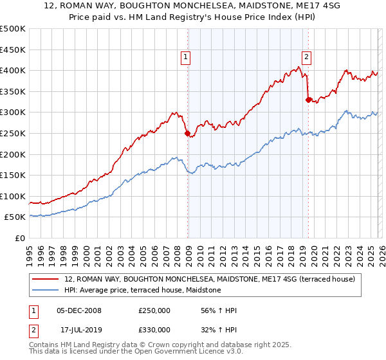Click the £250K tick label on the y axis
(x=13, y=133)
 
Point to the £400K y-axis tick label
(x=13, y=70)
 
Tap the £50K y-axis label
(x=15, y=217)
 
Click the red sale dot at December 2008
(x=187, y=134)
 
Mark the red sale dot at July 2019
(x=308, y=100)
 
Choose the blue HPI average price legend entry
(x=142, y=291)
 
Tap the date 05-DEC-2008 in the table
(x=79, y=310)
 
